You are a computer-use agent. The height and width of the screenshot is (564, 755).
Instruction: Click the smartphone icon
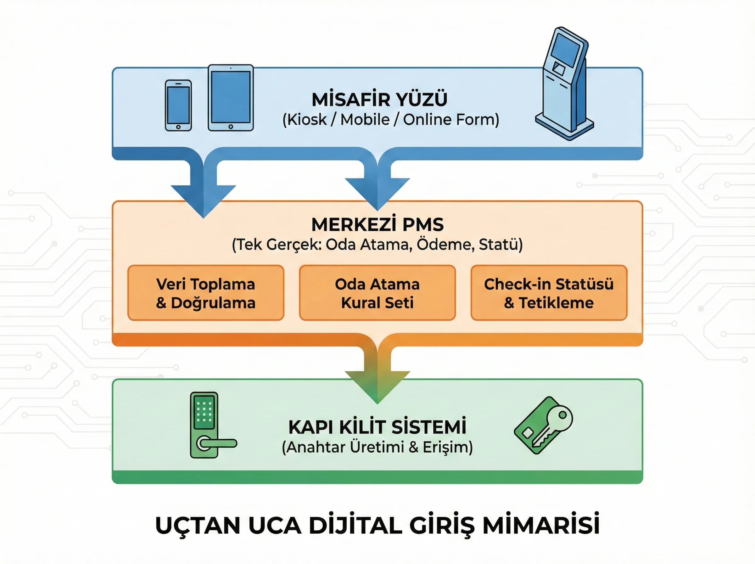click(x=178, y=105)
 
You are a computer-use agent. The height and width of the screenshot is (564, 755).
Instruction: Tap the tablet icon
click(x=231, y=98)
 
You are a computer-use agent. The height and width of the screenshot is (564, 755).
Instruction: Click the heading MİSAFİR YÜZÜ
click(x=379, y=99)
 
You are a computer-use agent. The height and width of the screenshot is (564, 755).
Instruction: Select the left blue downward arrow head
click(x=204, y=200)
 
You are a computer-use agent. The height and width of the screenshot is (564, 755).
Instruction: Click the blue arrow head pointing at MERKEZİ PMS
click(x=377, y=193)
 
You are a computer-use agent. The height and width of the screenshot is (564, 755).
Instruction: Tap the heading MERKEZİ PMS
click(x=377, y=225)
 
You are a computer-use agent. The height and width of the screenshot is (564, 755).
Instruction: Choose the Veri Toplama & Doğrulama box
click(x=206, y=293)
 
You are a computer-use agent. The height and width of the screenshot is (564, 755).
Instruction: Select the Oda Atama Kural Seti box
click(x=377, y=293)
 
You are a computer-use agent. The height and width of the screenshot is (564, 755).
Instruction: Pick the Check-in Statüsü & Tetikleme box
click(x=549, y=293)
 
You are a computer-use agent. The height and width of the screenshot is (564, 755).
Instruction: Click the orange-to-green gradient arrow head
click(x=377, y=386)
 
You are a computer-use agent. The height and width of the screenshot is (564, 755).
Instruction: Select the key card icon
click(x=543, y=426)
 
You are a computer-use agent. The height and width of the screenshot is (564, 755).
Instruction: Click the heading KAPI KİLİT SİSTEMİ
click(x=377, y=427)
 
